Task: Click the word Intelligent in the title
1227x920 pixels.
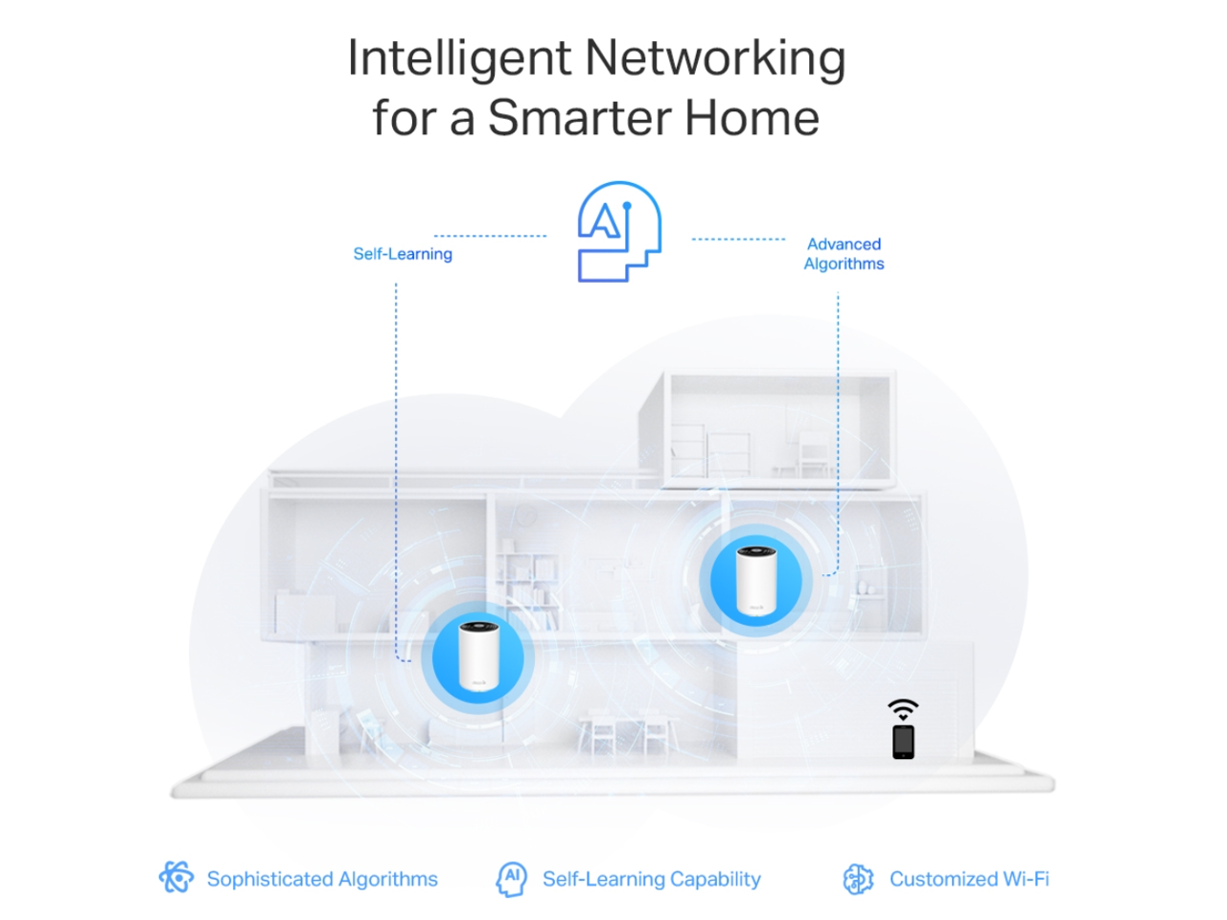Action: pos(458,59)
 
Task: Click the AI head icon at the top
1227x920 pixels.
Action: pos(619,232)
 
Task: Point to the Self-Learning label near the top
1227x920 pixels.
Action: pos(403,254)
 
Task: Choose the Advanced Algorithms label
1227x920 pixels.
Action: pos(844,254)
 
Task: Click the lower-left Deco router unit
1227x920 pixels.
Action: pos(477,656)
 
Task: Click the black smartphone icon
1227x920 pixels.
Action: pos(903,742)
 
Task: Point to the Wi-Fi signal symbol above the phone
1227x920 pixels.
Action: pos(903,710)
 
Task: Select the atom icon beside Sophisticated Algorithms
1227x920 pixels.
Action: pos(177,877)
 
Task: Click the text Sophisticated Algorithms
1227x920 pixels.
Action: pos(322,879)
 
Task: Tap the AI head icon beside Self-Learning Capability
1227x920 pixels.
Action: pos(511,878)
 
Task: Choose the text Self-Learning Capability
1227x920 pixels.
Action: pos(652,879)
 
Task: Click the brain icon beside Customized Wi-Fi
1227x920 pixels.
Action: pos(858,879)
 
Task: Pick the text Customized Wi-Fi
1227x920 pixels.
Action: pos(969,879)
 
